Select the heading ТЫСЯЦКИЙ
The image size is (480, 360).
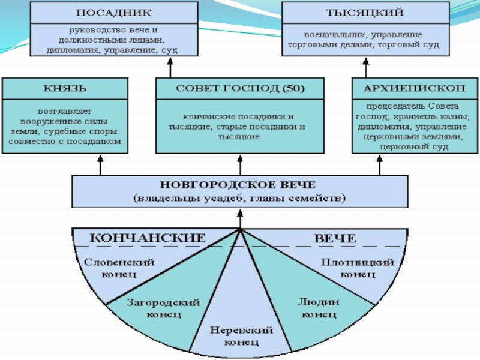click(x=365, y=13)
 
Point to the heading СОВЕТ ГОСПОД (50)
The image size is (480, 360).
click(x=240, y=89)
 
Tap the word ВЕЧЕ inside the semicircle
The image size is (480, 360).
click(x=335, y=238)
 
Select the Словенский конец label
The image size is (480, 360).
click(x=119, y=268)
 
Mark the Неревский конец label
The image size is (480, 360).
click(x=241, y=336)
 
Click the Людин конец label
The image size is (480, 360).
click(x=319, y=308)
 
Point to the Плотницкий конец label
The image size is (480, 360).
click(x=358, y=268)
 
